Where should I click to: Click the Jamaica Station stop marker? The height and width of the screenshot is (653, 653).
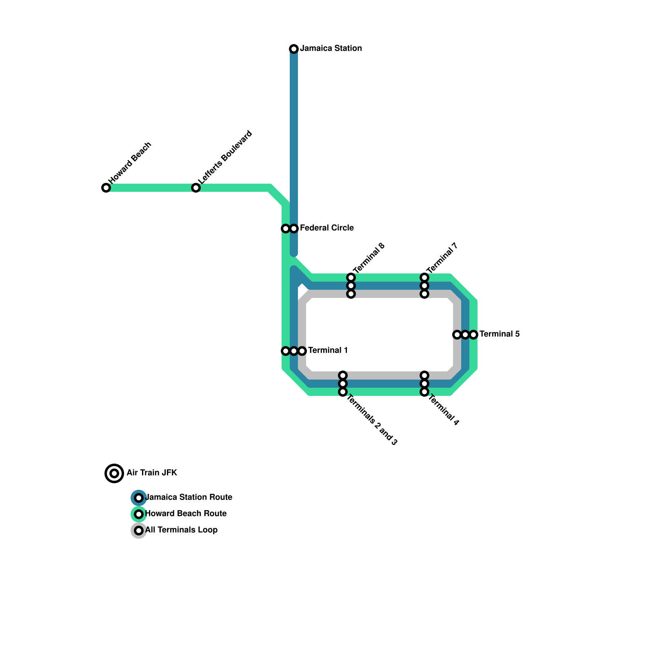(x=294, y=49)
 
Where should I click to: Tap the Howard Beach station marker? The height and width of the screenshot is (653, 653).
(x=106, y=188)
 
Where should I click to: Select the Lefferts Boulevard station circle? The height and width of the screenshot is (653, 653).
(x=196, y=188)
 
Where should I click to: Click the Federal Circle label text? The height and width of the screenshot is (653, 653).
(x=326, y=228)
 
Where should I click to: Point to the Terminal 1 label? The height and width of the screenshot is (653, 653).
(x=328, y=350)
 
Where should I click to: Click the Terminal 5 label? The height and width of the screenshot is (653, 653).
(x=499, y=334)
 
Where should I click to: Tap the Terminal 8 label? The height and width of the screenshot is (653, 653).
(x=369, y=258)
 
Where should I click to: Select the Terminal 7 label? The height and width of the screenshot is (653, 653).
(x=442, y=258)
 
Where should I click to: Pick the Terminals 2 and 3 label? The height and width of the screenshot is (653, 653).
(x=372, y=420)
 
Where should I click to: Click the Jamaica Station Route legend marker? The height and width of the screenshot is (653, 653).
(x=139, y=498)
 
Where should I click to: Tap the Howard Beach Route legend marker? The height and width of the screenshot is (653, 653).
(x=139, y=514)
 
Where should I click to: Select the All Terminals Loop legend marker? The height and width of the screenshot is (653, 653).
(x=139, y=531)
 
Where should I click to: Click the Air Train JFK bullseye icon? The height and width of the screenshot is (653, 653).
(x=114, y=473)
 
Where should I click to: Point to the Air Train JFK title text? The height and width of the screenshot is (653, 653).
(x=152, y=473)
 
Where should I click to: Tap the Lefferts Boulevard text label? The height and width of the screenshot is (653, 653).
(x=225, y=157)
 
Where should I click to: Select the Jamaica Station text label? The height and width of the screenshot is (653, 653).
(x=331, y=48)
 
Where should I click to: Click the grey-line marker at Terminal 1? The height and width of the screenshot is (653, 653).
(x=302, y=351)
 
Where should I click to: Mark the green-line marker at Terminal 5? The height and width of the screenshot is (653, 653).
(x=473, y=335)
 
